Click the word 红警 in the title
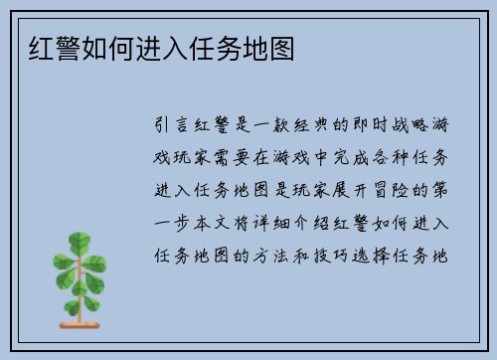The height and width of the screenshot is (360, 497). [x=44, y=46]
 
